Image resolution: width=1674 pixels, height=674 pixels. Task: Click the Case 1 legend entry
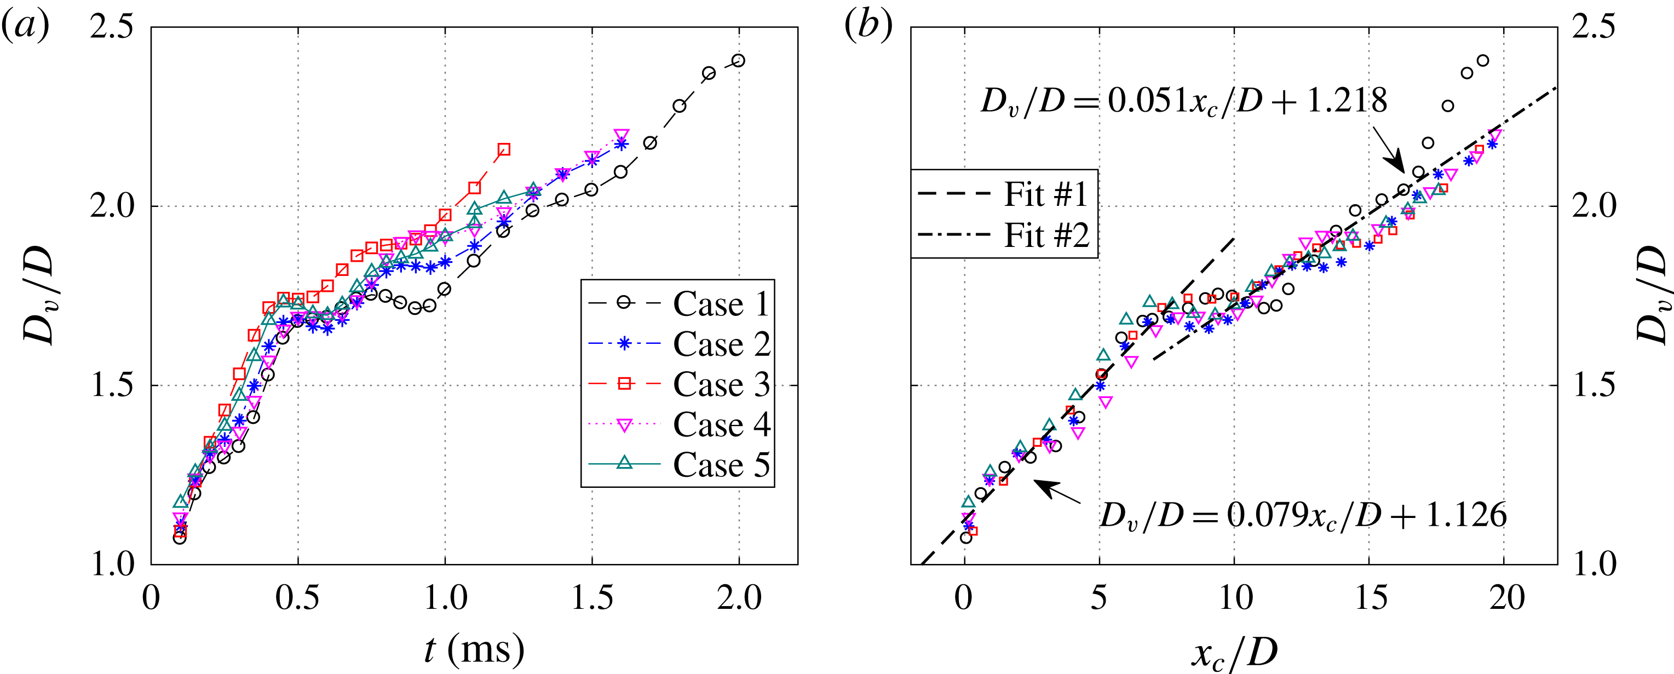(x=679, y=303)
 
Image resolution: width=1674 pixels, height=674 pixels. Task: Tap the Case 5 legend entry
(x=679, y=464)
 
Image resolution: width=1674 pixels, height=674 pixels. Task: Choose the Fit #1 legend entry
(x=1004, y=194)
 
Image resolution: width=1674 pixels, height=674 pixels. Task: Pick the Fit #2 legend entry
(x=1004, y=235)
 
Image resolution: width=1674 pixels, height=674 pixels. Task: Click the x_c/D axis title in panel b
(x=1234, y=652)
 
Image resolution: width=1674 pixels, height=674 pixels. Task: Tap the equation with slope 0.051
(x=1183, y=101)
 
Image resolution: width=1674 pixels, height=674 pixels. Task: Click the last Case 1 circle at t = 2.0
(x=738, y=60)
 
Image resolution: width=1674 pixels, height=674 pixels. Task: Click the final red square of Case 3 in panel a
(x=504, y=149)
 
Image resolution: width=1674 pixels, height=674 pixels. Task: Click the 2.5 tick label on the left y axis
(x=111, y=27)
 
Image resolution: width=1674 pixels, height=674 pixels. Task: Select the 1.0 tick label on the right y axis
(x=1593, y=563)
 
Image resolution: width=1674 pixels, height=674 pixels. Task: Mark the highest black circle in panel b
(x=1483, y=60)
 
